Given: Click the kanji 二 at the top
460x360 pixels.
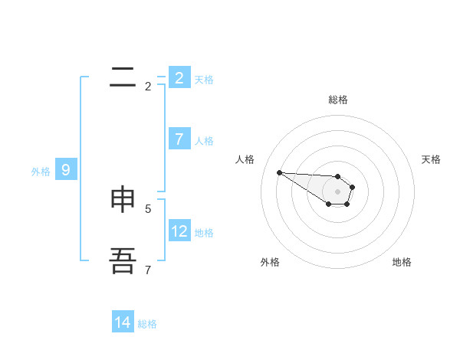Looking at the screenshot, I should pos(123,77).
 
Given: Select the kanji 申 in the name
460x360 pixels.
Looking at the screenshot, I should pos(123,199).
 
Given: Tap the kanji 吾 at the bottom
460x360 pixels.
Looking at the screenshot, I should pos(123,260).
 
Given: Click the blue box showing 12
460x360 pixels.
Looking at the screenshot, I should pos(180,231).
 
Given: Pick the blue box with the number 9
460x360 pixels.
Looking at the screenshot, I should pos(65,170).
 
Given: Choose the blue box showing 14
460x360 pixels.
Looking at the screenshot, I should pos(123,322).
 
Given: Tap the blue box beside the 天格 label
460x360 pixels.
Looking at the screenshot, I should pos(179,77).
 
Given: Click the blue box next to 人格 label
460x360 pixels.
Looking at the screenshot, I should pos(179,139).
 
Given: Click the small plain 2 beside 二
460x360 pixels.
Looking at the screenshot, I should pos(148,87).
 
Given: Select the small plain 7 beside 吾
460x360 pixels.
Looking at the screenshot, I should pos(148,270).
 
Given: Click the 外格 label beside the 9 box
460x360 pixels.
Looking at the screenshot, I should pos(41,172).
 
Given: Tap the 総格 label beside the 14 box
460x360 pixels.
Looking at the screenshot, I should pos(147,324).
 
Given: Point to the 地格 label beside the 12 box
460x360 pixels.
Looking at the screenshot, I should pos(204,233).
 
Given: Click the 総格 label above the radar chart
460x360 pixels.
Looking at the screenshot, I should pos(338,100).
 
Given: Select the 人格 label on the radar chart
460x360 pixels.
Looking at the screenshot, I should pos(245,159).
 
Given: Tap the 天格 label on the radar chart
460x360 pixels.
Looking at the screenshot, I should pos(431,159).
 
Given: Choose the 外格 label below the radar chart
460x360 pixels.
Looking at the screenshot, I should pos(270,262).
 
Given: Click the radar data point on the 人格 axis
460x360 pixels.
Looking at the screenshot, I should pos(279,172).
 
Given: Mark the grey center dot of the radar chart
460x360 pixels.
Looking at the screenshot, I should pos(337,191).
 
